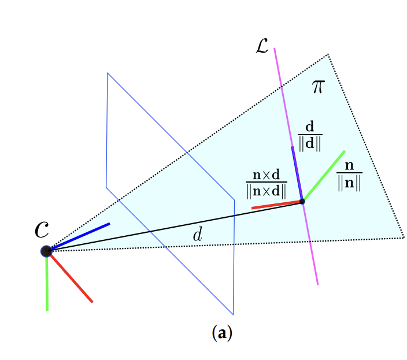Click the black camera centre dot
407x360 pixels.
47,251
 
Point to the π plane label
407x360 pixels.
318,87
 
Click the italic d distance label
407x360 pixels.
198,235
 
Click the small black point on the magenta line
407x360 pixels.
302,201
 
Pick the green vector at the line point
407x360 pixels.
324,176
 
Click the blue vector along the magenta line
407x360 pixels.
297,173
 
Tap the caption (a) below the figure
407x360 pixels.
223,333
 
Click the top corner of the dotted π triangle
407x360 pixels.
328,54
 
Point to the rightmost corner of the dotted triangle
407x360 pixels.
403,237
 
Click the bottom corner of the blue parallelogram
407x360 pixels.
233,314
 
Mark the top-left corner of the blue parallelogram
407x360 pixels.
108,73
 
